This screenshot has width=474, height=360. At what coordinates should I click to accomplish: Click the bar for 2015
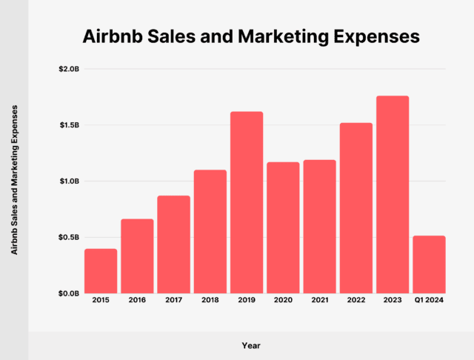click(101, 271)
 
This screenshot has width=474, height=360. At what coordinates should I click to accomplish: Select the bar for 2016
click(137, 256)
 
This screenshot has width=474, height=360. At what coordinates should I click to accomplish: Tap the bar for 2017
click(173, 244)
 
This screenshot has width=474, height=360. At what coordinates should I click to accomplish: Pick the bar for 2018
click(210, 232)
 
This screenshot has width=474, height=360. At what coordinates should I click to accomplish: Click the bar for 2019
click(247, 202)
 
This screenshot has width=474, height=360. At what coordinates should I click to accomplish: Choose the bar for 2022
click(355, 208)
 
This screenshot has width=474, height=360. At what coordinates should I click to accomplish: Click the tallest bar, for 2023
click(393, 195)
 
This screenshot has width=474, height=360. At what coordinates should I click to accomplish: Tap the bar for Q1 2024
click(429, 264)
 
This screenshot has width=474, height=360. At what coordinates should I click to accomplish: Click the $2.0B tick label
click(69, 69)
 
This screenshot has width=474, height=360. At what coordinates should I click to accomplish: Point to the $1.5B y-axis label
click(69, 125)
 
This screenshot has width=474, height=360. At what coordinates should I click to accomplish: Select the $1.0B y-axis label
click(69, 181)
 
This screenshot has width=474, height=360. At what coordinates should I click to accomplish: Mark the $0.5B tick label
click(69, 237)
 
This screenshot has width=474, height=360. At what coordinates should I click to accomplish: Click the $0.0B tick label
click(69, 293)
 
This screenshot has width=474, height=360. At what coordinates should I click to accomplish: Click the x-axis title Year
click(251, 345)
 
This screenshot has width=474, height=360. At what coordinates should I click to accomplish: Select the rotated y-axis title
click(14, 180)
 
